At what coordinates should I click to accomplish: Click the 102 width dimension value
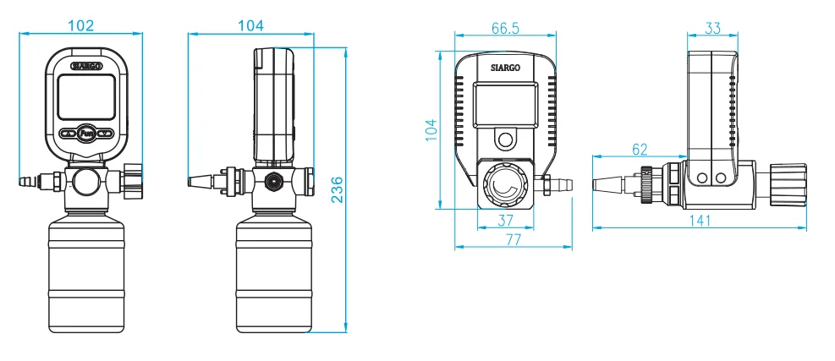80,25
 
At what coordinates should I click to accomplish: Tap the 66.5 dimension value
504,28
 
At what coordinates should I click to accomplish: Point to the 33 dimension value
711,28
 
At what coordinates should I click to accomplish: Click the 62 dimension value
640,150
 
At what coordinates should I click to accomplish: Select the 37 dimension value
504,221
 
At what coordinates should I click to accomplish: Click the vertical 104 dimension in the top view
432,129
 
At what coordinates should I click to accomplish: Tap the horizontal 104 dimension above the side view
250,25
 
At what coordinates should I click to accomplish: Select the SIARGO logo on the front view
86,65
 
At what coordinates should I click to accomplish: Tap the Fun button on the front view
86,133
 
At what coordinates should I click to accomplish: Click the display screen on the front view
86,97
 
